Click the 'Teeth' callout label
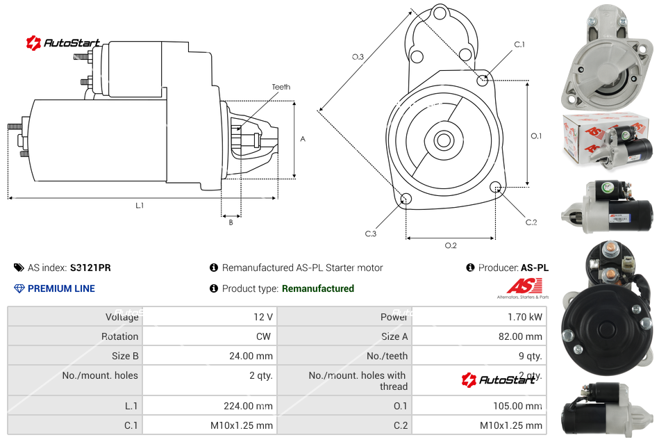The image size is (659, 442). click(x=281, y=87)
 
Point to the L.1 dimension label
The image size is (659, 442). click(x=140, y=205)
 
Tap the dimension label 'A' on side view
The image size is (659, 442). click(x=302, y=139)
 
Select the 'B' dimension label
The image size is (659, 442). click(x=231, y=222)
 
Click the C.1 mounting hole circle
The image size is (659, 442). click(x=483, y=80)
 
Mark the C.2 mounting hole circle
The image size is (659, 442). click(x=496, y=187)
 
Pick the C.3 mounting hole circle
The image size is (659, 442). click(x=407, y=200)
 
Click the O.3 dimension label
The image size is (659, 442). click(x=358, y=57)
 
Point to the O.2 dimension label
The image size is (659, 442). click(x=450, y=245)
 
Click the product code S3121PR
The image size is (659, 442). click(x=90, y=268)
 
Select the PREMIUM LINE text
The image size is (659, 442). click(x=61, y=288)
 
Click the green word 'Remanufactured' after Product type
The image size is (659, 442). click(x=317, y=288)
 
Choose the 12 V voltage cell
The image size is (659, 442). click(x=263, y=317)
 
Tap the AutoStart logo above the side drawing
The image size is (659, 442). click(x=64, y=43)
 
